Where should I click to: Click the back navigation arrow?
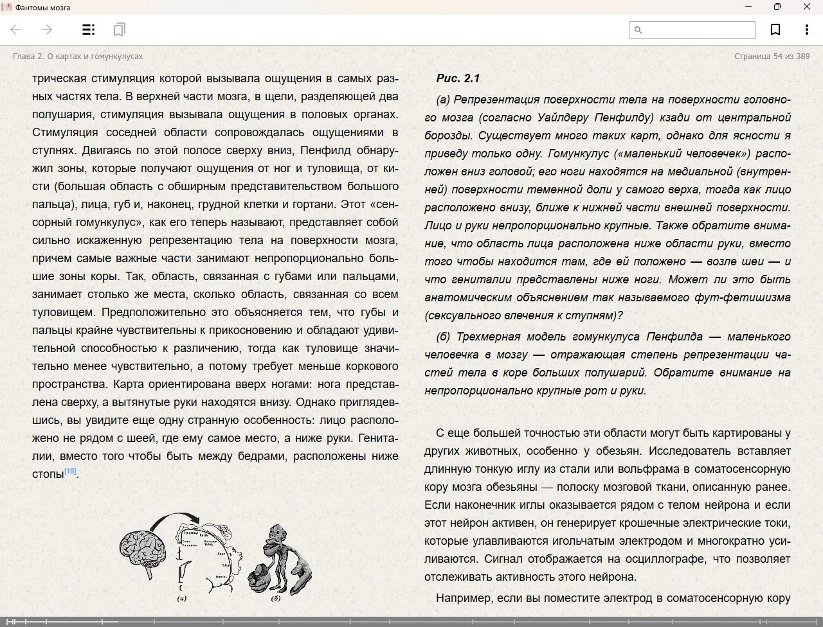(x=16, y=30)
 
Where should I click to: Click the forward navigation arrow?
(x=47, y=30)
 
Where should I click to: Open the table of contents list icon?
(x=88, y=30)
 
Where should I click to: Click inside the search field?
(x=698, y=30)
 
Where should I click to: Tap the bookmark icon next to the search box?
(x=775, y=30)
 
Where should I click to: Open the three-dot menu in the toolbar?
(x=806, y=30)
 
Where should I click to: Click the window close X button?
(x=807, y=7)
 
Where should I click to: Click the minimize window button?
(x=748, y=7)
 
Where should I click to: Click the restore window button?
(x=777, y=7)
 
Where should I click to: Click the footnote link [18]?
(x=70, y=472)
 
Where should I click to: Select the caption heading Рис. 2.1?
(x=458, y=78)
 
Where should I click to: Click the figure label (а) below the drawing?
(x=182, y=599)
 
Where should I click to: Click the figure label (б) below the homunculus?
(x=275, y=599)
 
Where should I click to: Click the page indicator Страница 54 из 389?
(x=772, y=57)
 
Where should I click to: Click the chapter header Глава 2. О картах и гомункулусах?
(x=78, y=57)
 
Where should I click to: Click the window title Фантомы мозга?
(x=43, y=7)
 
